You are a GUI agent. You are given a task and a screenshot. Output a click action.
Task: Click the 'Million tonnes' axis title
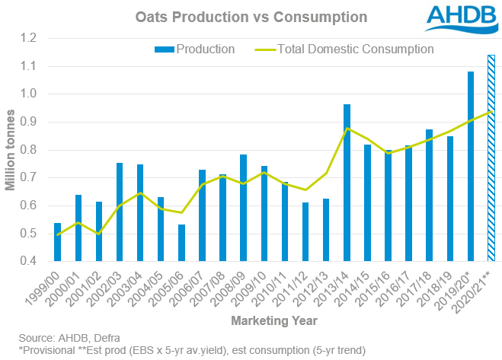(11, 150)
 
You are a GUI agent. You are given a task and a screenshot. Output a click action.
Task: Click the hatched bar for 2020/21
(491, 158)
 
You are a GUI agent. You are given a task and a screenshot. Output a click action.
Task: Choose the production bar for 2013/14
(347, 183)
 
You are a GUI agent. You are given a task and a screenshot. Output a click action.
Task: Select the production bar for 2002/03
(120, 212)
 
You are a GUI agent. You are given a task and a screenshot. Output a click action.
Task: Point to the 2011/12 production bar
(305, 232)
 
